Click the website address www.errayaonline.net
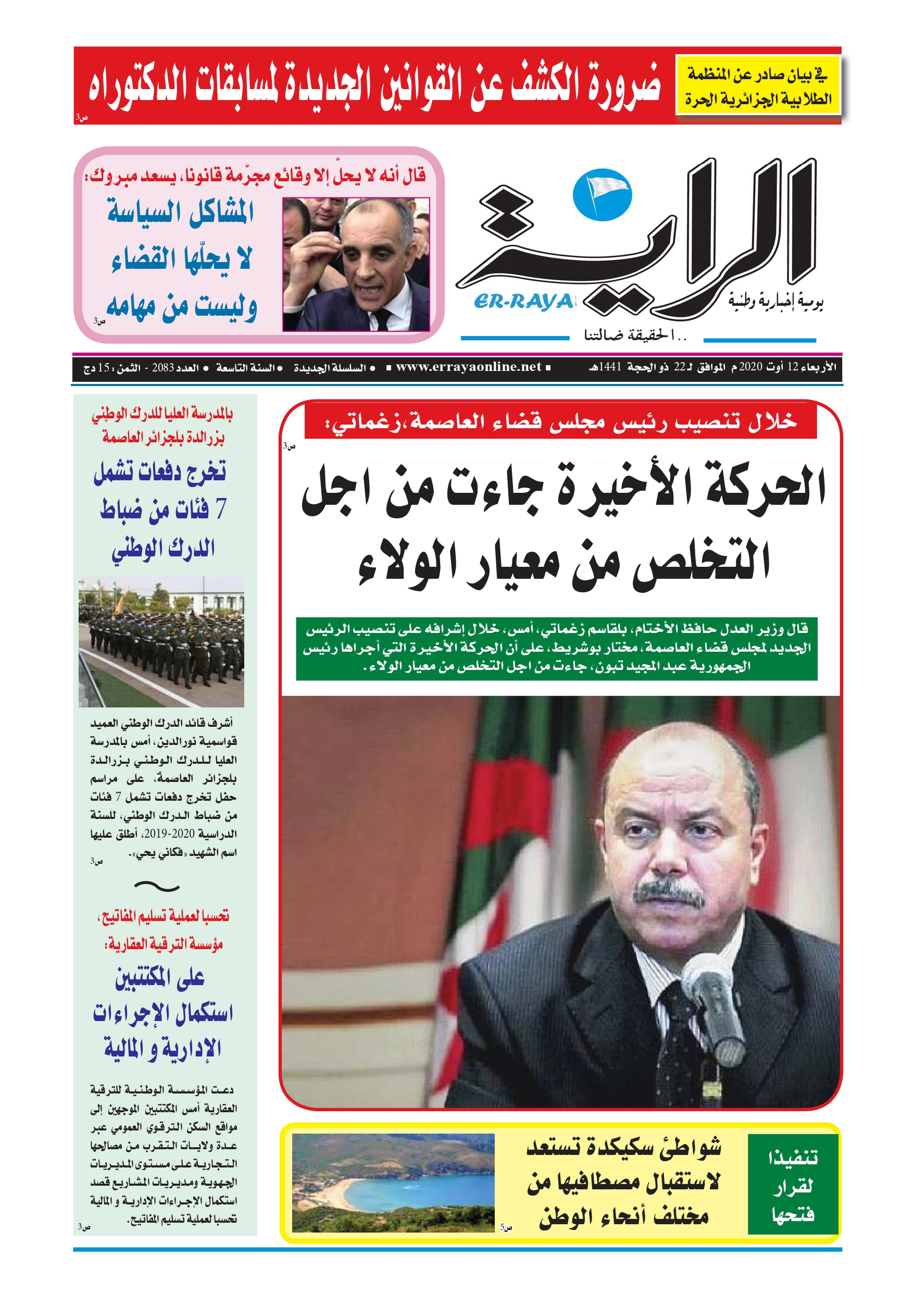point(468,367)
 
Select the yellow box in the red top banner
point(758,85)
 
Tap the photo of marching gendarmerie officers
point(161,641)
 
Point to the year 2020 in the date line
point(750,367)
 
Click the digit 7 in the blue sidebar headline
point(220,509)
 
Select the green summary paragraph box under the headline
point(556,648)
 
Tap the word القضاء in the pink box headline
point(144,259)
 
